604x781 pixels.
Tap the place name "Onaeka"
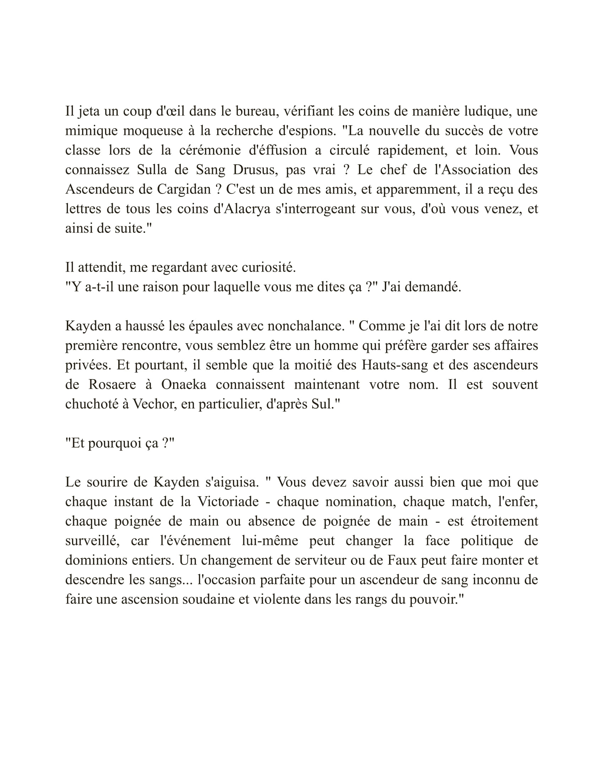[x=184, y=385]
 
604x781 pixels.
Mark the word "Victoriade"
[x=228, y=502]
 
